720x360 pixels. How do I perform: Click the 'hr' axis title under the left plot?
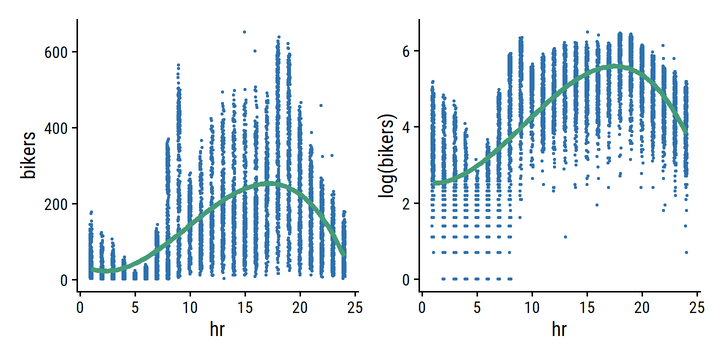click(x=217, y=330)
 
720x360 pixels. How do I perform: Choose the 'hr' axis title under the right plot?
click(x=559, y=330)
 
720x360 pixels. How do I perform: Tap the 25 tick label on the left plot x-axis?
click(x=354, y=305)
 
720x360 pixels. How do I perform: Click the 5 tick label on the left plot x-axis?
click(x=135, y=305)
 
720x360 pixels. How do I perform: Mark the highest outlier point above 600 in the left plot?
click(x=244, y=32)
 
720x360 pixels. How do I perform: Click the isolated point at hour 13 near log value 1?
click(x=565, y=237)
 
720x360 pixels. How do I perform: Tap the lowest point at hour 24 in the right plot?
click(x=686, y=252)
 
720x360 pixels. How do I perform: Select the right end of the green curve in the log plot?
click(x=686, y=131)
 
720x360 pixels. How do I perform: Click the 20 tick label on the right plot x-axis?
click(x=642, y=305)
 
